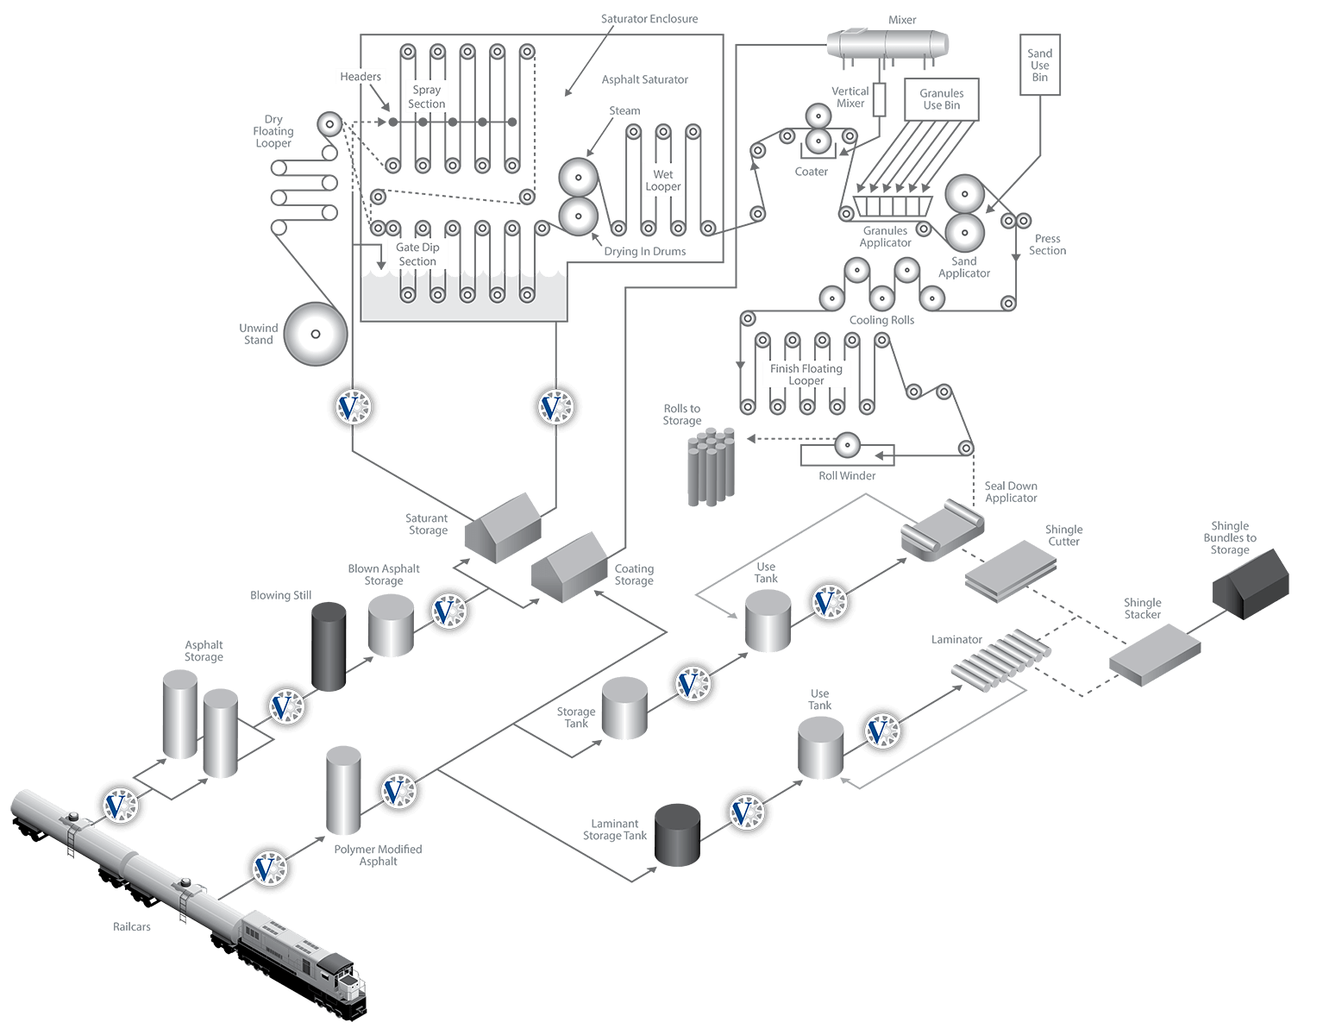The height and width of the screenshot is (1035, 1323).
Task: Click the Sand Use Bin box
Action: pyautogui.click(x=1039, y=65)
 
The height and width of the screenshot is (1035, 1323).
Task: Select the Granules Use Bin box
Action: pyautogui.click(x=941, y=99)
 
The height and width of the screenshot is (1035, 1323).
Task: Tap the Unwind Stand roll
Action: pyautogui.click(x=316, y=334)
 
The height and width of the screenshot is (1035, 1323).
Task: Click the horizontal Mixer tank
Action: pyautogui.click(x=887, y=45)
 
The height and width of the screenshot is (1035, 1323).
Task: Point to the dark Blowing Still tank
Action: pyautogui.click(x=329, y=646)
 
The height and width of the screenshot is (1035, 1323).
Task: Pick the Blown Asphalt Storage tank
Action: pyautogui.click(x=391, y=625)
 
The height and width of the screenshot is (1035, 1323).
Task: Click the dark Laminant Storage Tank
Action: pyautogui.click(x=677, y=835)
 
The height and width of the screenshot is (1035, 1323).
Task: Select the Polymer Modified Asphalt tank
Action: pyautogui.click(x=343, y=790)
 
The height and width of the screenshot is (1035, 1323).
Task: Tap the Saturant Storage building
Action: pyautogui.click(x=503, y=528)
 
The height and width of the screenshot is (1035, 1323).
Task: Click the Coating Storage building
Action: pyautogui.click(x=569, y=568)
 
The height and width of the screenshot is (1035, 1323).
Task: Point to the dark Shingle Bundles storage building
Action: pyautogui.click(x=1251, y=585)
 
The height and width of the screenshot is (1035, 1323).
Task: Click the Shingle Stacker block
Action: pyautogui.click(x=1154, y=655)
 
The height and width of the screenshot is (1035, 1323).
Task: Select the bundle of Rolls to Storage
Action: pyautogui.click(x=712, y=467)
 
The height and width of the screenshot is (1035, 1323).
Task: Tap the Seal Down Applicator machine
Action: pyautogui.click(x=942, y=530)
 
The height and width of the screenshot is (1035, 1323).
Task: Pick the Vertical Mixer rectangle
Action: pyautogui.click(x=879, y=99)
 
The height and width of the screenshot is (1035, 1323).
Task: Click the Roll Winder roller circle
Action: pyautogui.click(x=847, y=445)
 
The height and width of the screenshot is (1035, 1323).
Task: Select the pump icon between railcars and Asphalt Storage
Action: pyautogui.click(x=120, y=806)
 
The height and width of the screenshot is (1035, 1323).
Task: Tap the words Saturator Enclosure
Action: pyautogui.click(x=649, y=19)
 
